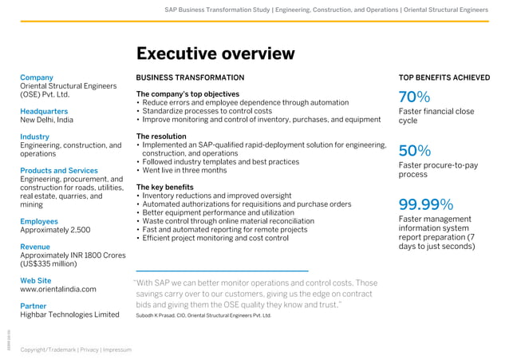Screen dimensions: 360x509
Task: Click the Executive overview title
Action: [215, 53]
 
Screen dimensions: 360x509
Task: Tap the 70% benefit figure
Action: [414, 97]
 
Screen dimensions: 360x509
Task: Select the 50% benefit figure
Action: [414, 151]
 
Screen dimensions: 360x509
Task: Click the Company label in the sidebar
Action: [37, 77]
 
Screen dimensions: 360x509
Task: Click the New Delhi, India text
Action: [46, 120]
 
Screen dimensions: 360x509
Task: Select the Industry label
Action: [34, 136]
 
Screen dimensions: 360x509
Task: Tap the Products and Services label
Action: [59, 171]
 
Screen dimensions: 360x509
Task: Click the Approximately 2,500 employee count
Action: [55, 230]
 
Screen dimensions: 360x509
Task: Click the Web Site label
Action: [36, 281]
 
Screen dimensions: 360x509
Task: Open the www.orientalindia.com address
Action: [58, 290]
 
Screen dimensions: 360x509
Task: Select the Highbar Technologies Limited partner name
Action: [69, 315]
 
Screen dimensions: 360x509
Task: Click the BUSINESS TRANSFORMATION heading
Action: [191, 77]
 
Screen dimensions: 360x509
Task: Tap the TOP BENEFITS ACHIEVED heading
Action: [444, 77]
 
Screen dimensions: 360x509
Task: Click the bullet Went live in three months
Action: [184, 170]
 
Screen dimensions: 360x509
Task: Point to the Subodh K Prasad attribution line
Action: [203, 315]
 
